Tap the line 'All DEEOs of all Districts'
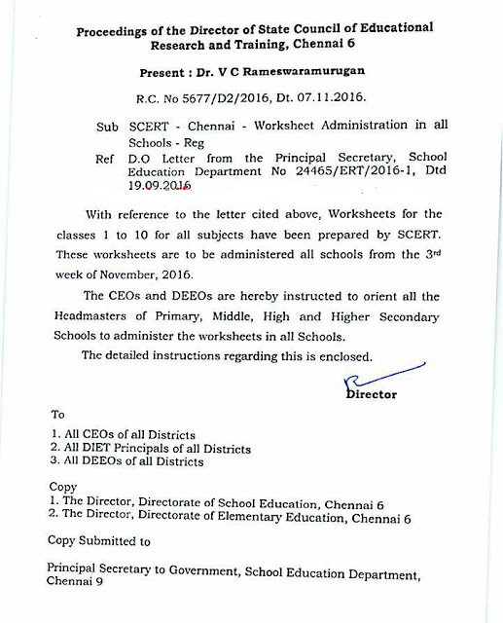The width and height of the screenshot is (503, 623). (x=126, y=463)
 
